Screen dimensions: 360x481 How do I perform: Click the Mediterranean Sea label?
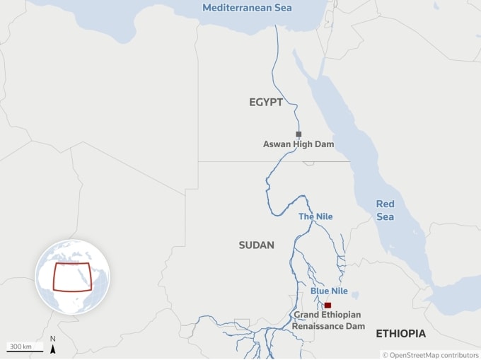click(x=248, y=8)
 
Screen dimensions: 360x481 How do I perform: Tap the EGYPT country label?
click(x=266, y=103)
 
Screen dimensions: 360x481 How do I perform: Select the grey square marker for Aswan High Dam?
click(x=299, y=134)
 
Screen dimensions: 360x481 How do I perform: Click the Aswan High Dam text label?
click(x=299, y=144)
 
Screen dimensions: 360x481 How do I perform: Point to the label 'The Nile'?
click(x=315, y=216)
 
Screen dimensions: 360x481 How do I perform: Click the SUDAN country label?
click(x=256, y=245)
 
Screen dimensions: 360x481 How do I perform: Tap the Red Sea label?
click(x=386, y=210)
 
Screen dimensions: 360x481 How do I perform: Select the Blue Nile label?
click(x=329, y=291)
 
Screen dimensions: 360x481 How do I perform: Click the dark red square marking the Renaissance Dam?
click(x=328, y=305)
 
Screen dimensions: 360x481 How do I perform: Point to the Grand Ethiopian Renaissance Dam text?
click(x=329, y=320)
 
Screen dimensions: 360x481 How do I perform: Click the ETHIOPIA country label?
click(x=400, y=333)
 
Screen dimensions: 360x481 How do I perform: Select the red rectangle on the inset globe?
click(x=71, y=277)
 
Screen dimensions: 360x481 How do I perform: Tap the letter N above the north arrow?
click(x=52, y=339)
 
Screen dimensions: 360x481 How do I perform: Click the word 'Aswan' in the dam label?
click(x=277, y=144)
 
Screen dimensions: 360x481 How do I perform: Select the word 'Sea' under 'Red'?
click(x=386, y=216)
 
